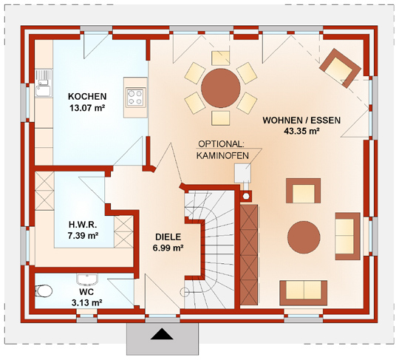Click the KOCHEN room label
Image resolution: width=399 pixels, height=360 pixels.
pos(87,97)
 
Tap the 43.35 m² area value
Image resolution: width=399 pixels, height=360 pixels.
pos(301,131)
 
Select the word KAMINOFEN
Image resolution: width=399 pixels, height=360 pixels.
pos(222,155)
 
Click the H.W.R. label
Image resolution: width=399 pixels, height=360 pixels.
pos(83,225)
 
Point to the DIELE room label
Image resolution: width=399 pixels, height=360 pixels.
pos(168,237)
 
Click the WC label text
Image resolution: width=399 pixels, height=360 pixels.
pos(86,292)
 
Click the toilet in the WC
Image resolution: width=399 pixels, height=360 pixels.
pos(44,291)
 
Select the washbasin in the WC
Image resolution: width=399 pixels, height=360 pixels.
pos(87,279)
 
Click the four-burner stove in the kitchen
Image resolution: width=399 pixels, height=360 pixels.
pos(135,97)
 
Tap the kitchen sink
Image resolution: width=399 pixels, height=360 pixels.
pos(44,83)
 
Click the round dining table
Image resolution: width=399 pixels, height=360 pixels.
pos(221,88)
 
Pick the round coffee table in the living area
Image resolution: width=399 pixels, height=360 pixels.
pos(304,237)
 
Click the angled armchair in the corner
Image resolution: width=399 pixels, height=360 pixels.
pos(340,68)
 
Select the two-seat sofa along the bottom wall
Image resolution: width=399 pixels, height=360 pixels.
pos(304,293)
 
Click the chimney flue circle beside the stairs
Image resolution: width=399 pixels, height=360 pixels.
pos(246,196)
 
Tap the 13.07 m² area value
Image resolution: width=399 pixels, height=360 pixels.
pos(87,108)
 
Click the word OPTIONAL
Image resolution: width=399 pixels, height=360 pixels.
pos(221,144)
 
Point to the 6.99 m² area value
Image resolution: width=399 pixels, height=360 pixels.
pos(168,248)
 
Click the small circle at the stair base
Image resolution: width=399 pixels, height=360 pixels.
pos(185,292)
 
